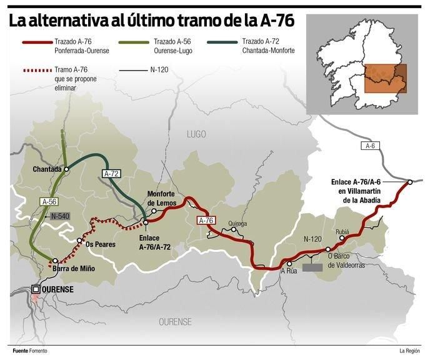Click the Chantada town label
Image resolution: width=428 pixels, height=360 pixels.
click(47, 169)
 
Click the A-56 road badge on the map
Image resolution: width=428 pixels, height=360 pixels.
click(49, 201)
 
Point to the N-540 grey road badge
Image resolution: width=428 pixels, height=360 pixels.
click(60, 216)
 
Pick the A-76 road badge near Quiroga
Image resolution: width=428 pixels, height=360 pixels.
click(206, 221)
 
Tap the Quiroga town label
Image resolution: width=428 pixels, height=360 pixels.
click(237, 223)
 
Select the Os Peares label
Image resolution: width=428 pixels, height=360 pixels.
click(100, 244)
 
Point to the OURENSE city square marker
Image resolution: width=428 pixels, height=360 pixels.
click(36, 289)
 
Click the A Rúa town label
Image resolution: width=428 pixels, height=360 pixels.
click(289, 271)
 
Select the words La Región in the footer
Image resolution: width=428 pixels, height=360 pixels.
click(410, 350)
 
